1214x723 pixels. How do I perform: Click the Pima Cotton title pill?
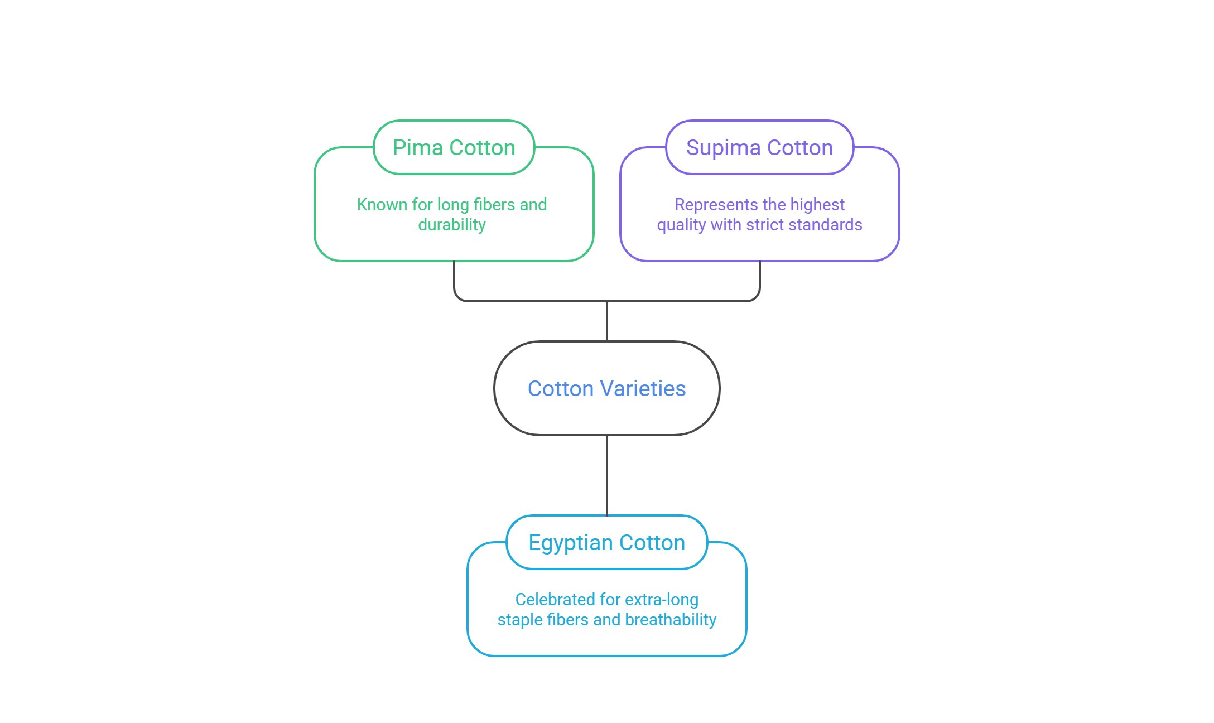click(454, 147)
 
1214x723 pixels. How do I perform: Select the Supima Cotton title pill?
click(759, 147)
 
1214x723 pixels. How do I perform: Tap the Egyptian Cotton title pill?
click(606, 542)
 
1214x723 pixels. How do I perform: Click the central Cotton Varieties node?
click(606, 388)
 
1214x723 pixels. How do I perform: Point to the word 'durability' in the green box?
click(452, 225)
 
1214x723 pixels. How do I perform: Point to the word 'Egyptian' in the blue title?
click(570, 543)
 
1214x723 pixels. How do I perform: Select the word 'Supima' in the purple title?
click(724, 148)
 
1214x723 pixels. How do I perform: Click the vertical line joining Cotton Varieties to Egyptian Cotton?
click(607, 475)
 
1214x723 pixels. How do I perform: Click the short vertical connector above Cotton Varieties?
click(607, 321)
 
